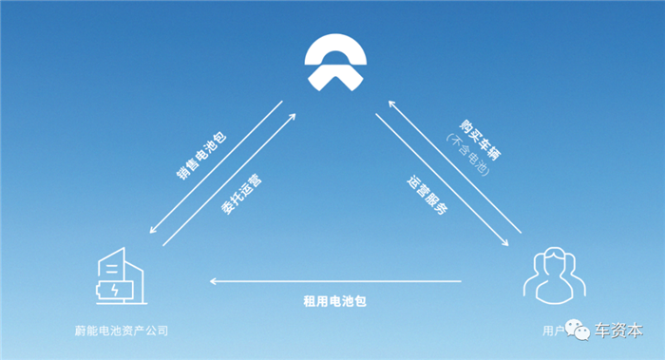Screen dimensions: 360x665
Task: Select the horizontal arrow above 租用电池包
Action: click(x=334, y=281)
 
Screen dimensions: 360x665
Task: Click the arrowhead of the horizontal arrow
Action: click(x=213, y=281)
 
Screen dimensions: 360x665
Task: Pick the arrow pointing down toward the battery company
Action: click(x=215, y=175)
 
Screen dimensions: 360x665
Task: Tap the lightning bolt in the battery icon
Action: click(x=116, y=288)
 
